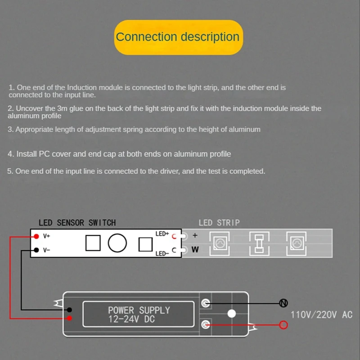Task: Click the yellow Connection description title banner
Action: (178, 37)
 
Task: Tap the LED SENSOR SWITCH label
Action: (77, 223)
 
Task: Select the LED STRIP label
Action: (219, 223)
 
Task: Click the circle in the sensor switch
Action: (117, 243)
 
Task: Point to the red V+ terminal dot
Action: (36, 236)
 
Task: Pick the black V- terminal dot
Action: (36, 250)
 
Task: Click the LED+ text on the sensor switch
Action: (162, 234)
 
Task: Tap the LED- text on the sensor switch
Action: (162, 253)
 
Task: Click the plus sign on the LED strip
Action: (195, 235)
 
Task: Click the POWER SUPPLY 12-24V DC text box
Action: (139, 315)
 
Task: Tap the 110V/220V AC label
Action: (321, 315)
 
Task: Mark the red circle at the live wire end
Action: (283, 324)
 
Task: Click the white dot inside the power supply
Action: (232, 314)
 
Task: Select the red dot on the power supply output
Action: (70, 319)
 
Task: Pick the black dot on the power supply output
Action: (70, 310)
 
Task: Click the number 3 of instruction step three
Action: (10, 130)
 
